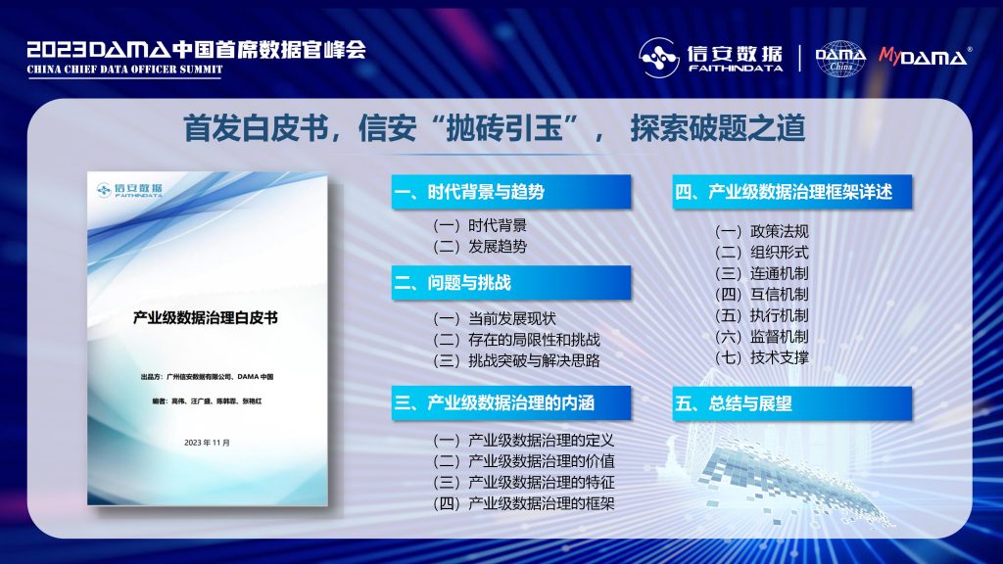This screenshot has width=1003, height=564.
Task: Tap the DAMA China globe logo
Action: click(x=840, y=59)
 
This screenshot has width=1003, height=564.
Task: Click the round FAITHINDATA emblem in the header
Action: click(x=659, y=58)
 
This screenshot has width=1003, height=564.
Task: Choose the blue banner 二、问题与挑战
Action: click(x=511, y=283)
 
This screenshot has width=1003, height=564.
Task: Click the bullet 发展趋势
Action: click(x=498, y=247)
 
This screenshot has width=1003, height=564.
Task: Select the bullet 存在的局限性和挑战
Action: click(x=534, y=340)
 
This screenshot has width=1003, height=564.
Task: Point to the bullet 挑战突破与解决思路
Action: click(x=534, y=360)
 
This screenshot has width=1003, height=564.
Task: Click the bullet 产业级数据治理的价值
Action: click(x=541, y=461)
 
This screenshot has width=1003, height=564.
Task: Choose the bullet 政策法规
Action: click(x=780, y=231)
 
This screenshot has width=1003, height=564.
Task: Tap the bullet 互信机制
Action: click(x=780, y=295)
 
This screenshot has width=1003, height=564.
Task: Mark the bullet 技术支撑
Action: click(x=780, y=358)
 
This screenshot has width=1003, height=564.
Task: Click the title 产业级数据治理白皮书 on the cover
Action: click(x=206, y=318)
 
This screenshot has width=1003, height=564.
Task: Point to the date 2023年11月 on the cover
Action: click(x=207, y=443)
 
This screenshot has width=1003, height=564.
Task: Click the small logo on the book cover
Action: click(x=130, y=190)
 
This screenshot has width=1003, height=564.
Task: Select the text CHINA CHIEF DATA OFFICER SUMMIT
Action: click(x=124, y=70)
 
